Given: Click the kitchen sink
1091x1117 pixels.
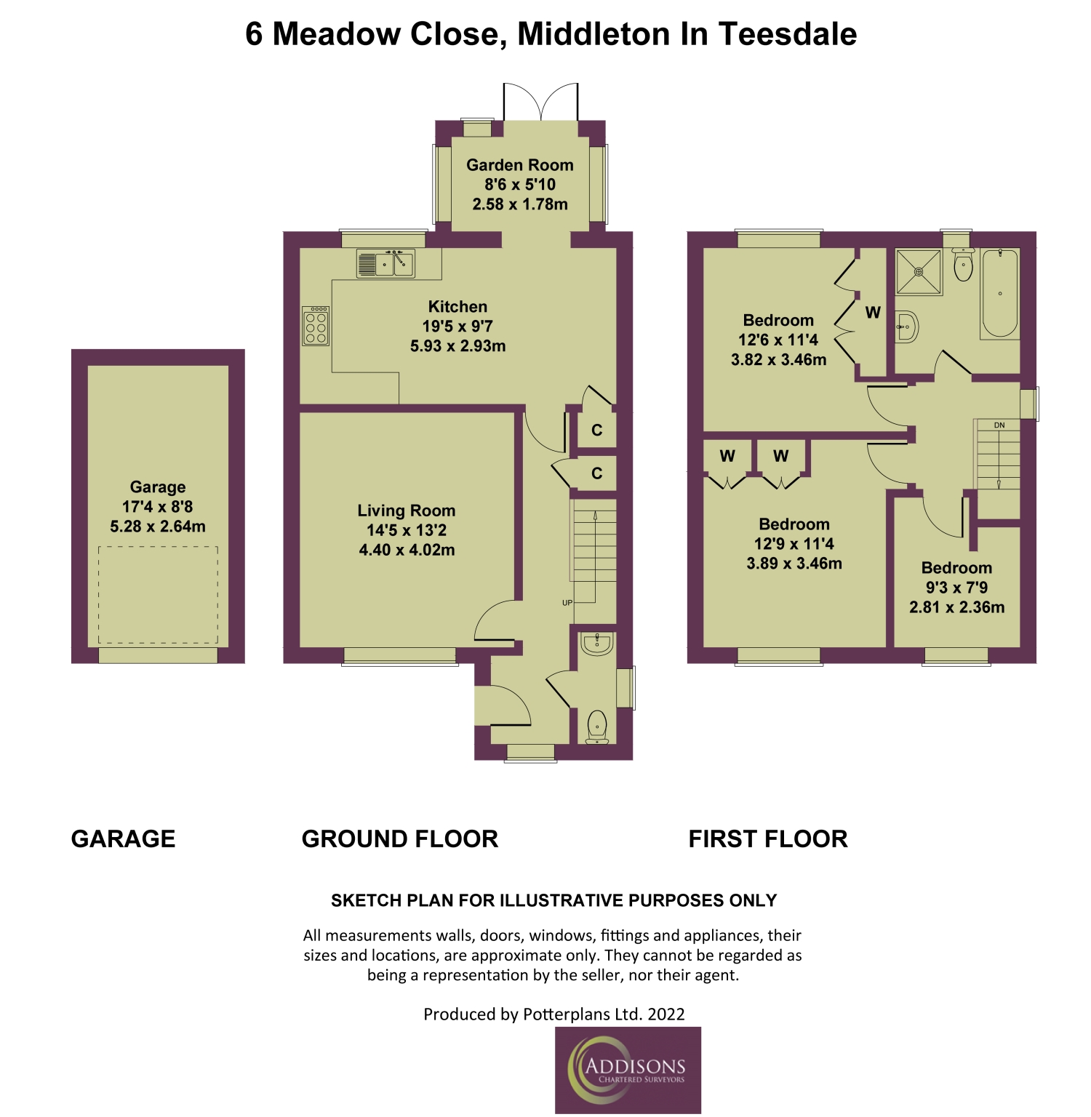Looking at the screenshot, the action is [x=385, y=263].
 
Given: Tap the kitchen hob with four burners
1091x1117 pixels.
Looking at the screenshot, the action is [x=316, y=326].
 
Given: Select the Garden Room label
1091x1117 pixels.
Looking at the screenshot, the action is [x=520, y=165].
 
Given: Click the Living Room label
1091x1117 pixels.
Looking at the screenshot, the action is [x=407, y=511].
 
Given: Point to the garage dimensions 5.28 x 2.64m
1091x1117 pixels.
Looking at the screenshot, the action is [x=158, y=527].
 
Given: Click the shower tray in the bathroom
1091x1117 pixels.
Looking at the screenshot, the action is [x=919, y=271].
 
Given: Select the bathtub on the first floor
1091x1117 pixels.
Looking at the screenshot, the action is [x=1000, y=294].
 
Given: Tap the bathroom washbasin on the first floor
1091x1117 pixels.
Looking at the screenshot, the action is [x=906, y=327].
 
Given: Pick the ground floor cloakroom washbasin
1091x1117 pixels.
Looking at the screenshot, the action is [x=597, y=644].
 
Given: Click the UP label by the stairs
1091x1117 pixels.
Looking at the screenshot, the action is [x=567, y=602].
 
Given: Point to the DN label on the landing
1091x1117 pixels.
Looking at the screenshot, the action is [x=999, y=425].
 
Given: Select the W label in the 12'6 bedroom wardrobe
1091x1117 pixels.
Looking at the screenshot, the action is [x=873, y=313].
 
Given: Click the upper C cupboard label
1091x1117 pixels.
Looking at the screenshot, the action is [x=597, y=431].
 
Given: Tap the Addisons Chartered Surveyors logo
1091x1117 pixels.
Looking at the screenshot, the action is [x=628, y=1070].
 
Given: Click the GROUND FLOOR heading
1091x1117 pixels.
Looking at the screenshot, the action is [x=400, y=839].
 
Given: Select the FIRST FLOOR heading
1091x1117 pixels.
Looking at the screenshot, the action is [x=768, y=839].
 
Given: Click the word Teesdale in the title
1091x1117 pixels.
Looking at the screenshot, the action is [x=788, y=34].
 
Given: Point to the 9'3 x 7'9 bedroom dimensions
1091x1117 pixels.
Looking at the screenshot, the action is [x=956, y=588].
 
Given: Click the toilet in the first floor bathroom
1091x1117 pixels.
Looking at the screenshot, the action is [x=963, y=265].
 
